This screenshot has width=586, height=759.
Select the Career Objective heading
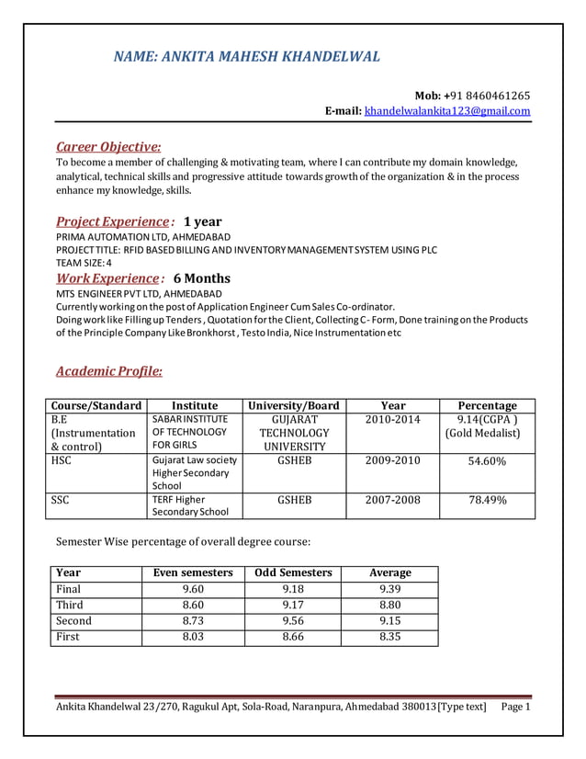[x=108, y=146]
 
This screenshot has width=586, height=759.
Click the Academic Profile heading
[x=109, y=371]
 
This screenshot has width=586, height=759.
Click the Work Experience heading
[x=107, y=278]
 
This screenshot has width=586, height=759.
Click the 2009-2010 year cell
[x=392, y=460]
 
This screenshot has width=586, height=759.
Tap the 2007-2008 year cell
[x=392, y=501]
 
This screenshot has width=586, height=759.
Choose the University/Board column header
[x=294, y=405]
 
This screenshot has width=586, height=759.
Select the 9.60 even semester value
[x=193, y=589]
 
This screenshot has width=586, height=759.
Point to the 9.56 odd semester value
[x=293, y=620]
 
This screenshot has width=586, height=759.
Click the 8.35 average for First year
[x=389, y=637]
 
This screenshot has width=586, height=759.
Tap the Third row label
[x=70, y=605]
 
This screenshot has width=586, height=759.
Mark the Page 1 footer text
[x=516, y=707]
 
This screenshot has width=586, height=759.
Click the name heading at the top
[x=246, y=57]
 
